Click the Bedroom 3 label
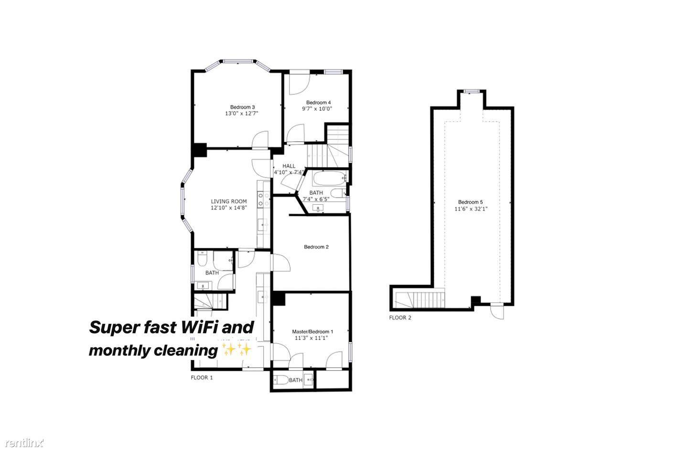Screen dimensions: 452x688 coord(242,107)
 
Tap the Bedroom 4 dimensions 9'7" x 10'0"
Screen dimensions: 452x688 coord(317,109)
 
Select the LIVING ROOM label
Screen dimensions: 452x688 coord(229,201)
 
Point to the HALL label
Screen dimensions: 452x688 coord(289,166)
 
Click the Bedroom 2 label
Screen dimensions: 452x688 coord(316,247)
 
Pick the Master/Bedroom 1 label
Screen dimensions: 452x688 coord(312,331)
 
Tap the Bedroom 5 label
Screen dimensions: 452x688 coord(470,202)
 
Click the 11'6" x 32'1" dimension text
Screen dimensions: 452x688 coord(471,209)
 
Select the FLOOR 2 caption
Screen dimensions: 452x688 coord(400,318)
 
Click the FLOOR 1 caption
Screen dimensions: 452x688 coord(202,377)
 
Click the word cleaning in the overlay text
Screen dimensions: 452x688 coord(185,351)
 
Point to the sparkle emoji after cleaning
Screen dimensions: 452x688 coord(236,350)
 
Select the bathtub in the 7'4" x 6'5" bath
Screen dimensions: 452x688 coord(329,179)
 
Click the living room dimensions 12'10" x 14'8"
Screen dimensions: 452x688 coord(229,208)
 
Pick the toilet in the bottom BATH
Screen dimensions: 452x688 coord(281,380)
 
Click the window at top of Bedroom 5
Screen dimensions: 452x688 coord(472,91)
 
